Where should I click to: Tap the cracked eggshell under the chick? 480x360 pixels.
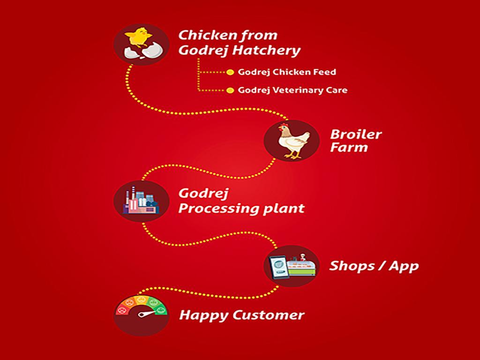(x=143, y=51)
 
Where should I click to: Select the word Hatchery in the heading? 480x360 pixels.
(x=266, y=50)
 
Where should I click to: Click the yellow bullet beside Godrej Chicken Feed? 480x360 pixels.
(x=230, y=72)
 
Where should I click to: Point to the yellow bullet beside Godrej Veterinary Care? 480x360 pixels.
(x=230, y=90)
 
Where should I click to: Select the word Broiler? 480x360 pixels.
(x=356, y=135)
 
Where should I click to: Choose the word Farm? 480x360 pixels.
(x=349, y=147)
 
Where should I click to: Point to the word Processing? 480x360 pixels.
(x=217, y=209)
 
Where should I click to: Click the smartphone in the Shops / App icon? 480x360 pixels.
(x=278, y=267)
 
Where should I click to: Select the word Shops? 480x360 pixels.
(x=352, y=266)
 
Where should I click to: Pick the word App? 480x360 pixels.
(x=404, y=266)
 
